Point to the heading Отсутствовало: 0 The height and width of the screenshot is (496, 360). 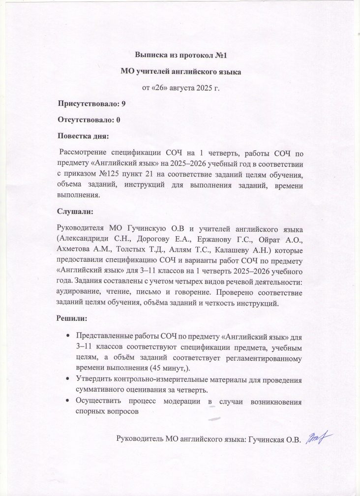pyautogui.click(x=90, y=120)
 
